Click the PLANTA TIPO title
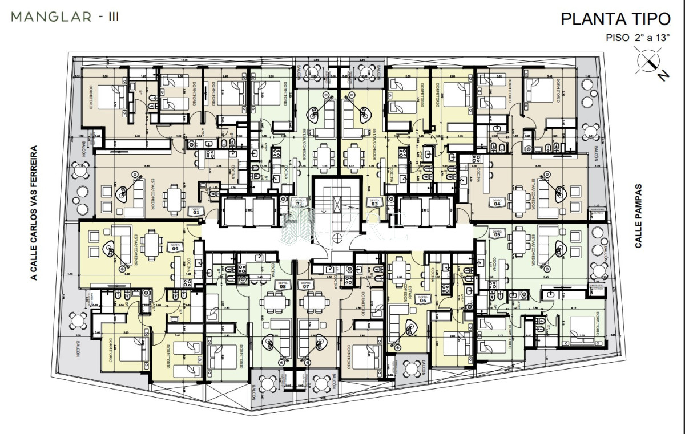[x=615, y=19]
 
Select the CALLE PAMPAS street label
[x=638, y=216]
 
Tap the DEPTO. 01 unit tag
[x=196, y=210]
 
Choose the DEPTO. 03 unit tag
[x=375, y=202]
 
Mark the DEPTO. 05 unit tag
[x=496, y=233]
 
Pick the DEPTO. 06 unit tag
[x=423, y=299]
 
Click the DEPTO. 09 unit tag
[x=175, y=247]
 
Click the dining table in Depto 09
[x=151, y=244]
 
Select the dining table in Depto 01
[x=173, y=198]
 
